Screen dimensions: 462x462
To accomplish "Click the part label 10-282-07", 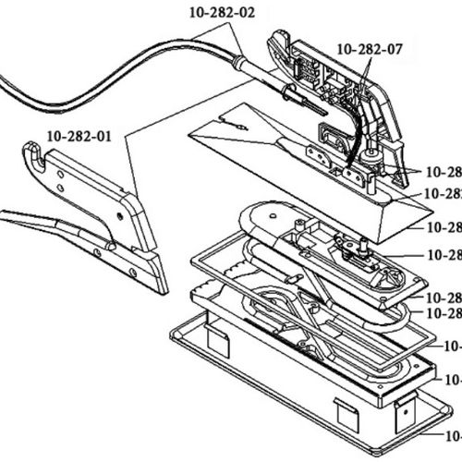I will pos(371,48).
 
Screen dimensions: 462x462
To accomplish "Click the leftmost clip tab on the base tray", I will pos(216,346).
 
